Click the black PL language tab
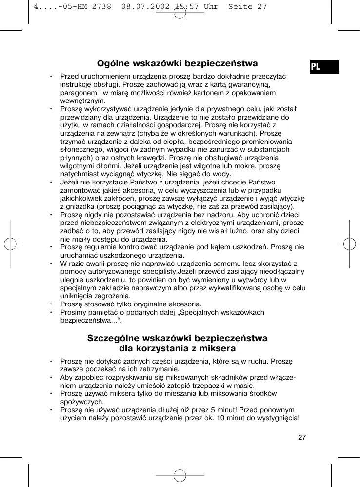324,66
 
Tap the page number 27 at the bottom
302,437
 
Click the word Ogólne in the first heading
113,63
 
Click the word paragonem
78,93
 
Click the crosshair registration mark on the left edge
10,243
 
